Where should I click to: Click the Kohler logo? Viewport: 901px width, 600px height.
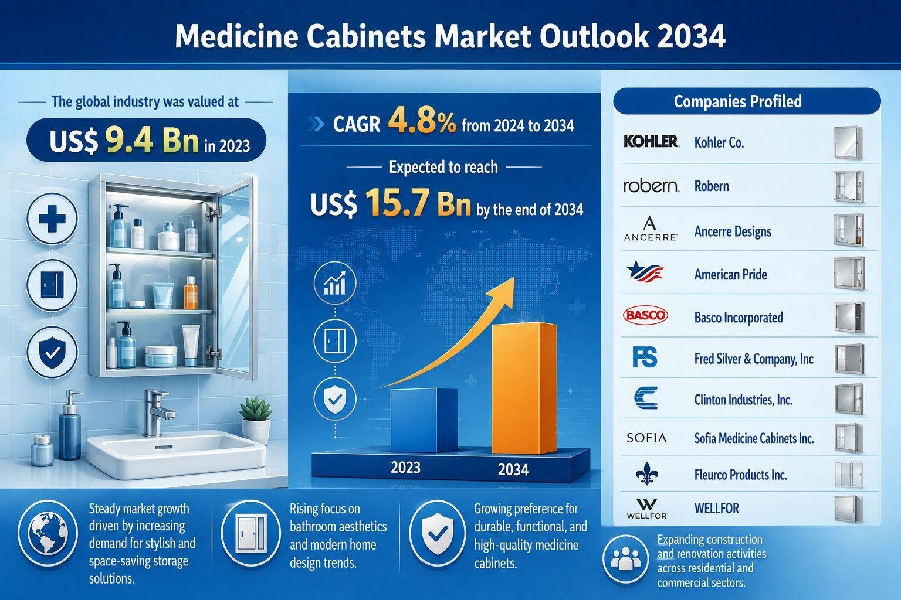coord(651,141)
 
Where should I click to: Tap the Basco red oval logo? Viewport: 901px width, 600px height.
coord(645,315)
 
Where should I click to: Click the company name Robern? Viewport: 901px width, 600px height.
coord(712,186)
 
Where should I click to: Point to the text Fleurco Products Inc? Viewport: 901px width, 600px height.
coord(740,475)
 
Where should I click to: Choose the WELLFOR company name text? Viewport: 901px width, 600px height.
coord(716,509)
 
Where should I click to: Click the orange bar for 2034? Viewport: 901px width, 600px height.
coord(524,388)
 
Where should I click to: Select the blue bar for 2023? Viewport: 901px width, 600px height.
coord(424,420)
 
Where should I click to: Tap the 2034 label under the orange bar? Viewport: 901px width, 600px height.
coord(513,470)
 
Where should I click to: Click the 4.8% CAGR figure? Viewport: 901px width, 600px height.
coord(422,122)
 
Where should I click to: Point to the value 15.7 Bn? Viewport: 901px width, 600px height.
coord(418,203)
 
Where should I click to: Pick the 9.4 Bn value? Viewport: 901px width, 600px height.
coord(152,141)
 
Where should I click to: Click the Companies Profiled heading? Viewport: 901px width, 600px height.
coord(738,101)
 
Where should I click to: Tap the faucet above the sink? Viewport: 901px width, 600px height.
coord(158,412)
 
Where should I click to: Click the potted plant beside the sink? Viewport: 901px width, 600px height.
coord(255,420)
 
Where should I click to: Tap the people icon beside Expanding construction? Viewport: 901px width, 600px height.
coord(625,559)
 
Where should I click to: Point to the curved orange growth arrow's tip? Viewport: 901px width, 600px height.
coord(514,277)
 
